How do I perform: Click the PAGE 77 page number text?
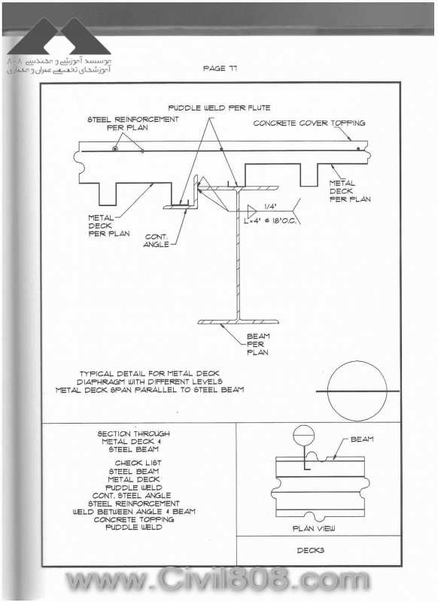point(220,68)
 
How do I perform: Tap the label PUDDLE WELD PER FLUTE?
point(219,108)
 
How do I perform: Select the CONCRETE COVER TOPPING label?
point(309,123)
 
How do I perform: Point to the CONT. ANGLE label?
point(157,240)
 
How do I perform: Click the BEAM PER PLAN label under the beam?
point(258,344)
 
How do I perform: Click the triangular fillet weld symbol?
point(252,211)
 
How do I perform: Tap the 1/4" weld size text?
point(270,206)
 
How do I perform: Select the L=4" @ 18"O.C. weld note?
point(270,221)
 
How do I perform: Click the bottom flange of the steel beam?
point(239,322)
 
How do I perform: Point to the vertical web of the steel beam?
point(238,254)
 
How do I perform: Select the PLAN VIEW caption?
point(314,528)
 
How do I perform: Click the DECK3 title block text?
point(311,550)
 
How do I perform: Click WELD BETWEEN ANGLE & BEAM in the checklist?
point(134,512)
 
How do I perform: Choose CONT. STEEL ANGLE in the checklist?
point(132,495)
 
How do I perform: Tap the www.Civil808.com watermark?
point(217,579)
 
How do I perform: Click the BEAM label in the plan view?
point(362,439)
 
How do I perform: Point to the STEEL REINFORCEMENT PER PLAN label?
point(132,123)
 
